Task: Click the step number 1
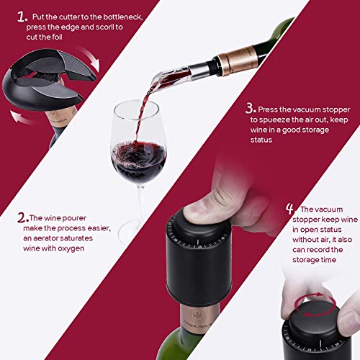[x=22, y=17]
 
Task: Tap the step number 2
[x=23, y=217]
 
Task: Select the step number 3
[x=251, y=108]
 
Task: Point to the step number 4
[x=290, y=209]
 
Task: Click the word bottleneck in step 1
[x=123, y=17]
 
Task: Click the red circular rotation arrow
[x=315, y=305]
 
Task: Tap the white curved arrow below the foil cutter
[x=22, y=118]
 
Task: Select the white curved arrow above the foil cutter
[x=90, y=58]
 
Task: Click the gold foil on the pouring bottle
[x=238, y=60]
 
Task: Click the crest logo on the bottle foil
[x=197, y=315]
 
